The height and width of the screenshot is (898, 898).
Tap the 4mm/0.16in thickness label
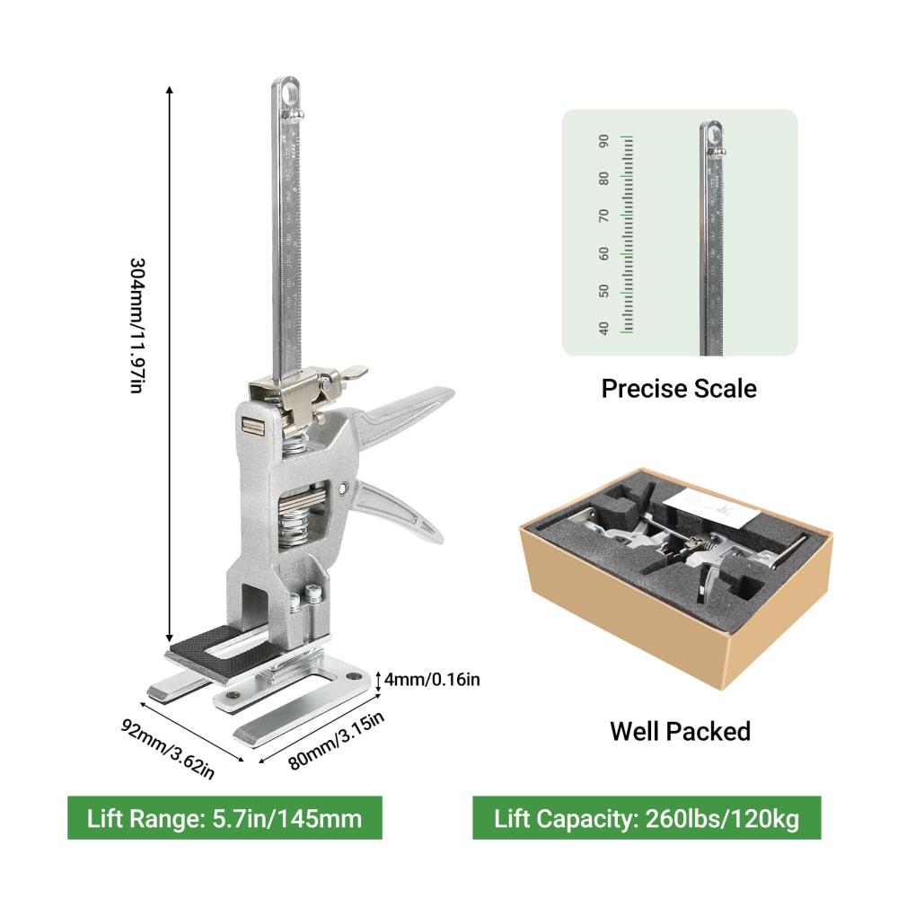pyautogui.click(x=432, y=680)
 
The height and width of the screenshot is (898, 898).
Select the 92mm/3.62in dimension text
pyautogui.click(x=168, y=749)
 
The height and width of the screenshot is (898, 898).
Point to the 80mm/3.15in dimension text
pyautogui.click(x=336, y=740)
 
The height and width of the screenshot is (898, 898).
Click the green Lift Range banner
pyautogui.click(x=224, y=818)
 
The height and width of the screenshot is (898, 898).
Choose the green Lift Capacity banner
pyautogui.click(x=647, y=818)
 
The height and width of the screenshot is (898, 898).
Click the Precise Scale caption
pyautogui.click(x=679, y=389)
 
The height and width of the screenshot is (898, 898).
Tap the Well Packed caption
pyautogui.click(x=681, y=731)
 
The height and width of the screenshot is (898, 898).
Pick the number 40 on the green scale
pyautogui.click(x=603, y=328)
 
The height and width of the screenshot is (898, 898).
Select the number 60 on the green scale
pyautogui.click(x=603, y=254)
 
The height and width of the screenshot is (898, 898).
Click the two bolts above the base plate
pyautogui.click(x=304, y=596)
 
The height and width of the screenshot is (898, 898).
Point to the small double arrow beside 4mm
pyautogui.click(x=378, y=681)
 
